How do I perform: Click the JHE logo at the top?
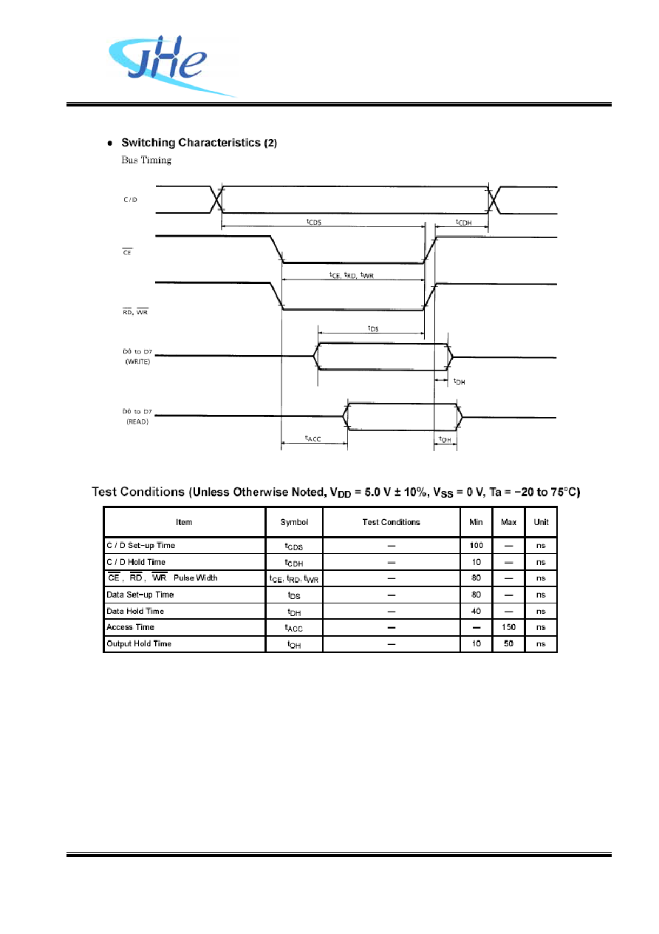[171, 66]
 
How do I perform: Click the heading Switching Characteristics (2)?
[199, 143]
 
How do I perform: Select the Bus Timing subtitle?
[146, 160]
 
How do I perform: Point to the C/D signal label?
[130, 200]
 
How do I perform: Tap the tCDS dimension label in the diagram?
[314, 222]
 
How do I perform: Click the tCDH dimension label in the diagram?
[464, 223]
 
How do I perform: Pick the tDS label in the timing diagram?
[373, 328]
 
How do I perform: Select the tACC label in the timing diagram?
[313, 439]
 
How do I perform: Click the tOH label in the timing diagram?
[445, 439]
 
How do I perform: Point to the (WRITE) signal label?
[138, 362]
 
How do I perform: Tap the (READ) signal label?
[137, 422]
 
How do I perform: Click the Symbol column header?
[294, 522]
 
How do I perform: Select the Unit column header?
[541, 522]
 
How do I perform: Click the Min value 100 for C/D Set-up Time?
[476, 545]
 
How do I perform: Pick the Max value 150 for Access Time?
[508, 627]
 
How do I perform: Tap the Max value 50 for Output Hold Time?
[508, 643]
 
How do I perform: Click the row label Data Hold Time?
[135, 612]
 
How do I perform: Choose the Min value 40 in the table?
[476, 612]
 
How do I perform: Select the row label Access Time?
[130, 627]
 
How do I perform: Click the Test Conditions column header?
[391, 522]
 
